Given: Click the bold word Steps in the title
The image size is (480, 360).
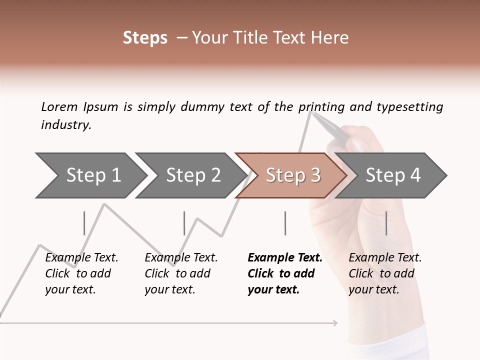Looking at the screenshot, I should [145, 38].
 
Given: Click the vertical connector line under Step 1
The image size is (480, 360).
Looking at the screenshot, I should [84, 223].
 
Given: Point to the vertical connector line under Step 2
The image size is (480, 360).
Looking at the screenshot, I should [184, 223].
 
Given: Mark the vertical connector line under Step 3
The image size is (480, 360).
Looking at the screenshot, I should [285, 223].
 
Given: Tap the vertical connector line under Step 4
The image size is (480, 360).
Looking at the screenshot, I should [386, 223].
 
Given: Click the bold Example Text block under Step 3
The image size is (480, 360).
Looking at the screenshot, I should [284, 273].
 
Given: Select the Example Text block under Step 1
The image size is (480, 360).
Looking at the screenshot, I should [81, 273].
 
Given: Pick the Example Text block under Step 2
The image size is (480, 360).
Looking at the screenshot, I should [180, 273].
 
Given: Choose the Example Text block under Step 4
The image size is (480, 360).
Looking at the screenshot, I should [384, 273].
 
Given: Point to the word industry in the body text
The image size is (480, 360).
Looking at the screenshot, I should [65, 125].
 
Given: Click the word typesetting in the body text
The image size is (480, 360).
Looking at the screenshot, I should [409, 107].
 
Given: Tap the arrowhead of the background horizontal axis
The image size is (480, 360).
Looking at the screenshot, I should [335, 323].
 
